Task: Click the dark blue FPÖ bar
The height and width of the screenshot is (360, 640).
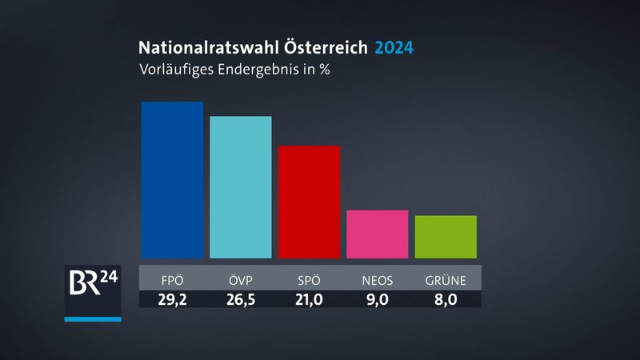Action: (x=172, y=180)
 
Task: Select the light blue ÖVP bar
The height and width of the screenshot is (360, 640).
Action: (x=240, y=187)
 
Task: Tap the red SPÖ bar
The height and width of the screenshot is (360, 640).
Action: (x=309, y=202)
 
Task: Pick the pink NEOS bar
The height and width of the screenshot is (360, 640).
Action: (x=377, y=234)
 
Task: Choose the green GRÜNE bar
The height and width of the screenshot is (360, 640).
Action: (x=446, y=237)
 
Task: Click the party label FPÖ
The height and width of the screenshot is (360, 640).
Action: (x=172, y=281)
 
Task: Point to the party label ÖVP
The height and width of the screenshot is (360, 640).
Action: (x=240, y=281)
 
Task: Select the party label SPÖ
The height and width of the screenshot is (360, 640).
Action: (x=309, y=281)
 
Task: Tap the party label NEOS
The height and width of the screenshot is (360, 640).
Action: (x=377, y=281)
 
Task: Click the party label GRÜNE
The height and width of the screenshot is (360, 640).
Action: (x=446, y=281)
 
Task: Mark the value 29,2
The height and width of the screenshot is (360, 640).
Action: (x=172, y=299)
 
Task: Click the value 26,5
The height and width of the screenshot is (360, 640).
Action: (x=240, y=299)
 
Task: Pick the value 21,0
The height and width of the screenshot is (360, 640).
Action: (x=309, y=299)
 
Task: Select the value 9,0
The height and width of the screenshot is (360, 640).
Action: (x=377, y=299)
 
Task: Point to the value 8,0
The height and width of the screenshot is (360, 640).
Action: (x=446, y=299)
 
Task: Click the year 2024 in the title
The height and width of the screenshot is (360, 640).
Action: (x=394, y=47)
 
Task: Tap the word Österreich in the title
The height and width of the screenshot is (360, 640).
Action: (x=322, y=47)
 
